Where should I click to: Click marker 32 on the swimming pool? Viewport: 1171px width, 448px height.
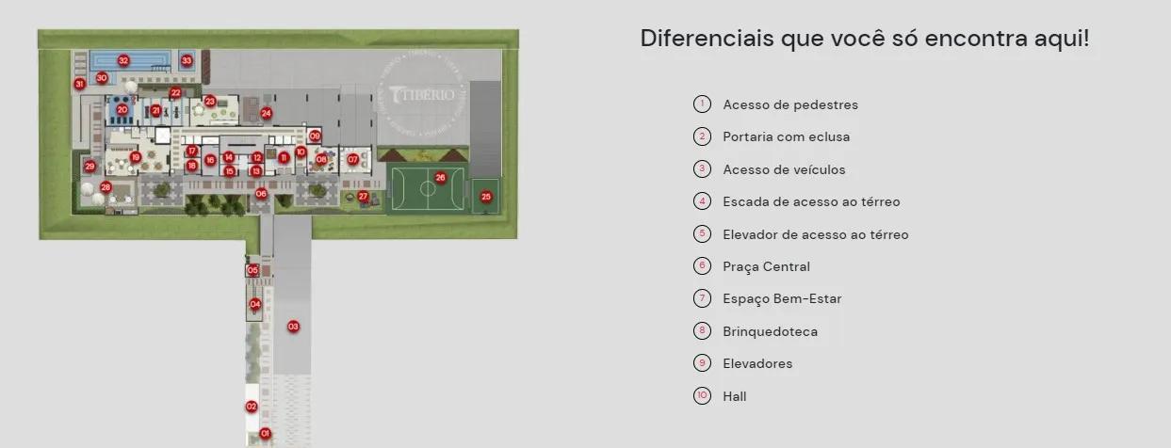click(123, 60)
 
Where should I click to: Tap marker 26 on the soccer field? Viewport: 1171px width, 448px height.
click(440, 177)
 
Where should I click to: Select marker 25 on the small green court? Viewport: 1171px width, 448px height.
click(486, 197)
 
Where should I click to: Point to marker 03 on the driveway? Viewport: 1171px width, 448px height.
click(293, 327)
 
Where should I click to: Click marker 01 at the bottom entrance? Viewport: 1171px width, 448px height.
click(265, 434)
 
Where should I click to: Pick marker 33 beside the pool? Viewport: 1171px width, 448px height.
click(187, 60)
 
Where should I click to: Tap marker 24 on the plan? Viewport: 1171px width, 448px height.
click(267, 113)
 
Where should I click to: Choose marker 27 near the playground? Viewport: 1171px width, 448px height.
click(363, 196)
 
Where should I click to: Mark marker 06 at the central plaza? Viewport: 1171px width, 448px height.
click(261, 194)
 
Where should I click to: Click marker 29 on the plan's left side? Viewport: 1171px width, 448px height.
click(89, 167)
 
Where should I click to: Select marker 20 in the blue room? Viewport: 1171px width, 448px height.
click(122, 109)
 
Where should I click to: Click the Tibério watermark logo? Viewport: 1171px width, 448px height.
click(421, 94)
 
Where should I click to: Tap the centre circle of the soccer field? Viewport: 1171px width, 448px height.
click(428, 188)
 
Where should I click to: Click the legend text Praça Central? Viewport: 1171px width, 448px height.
click(766, 266)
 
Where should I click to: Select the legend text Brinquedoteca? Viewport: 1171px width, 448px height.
click(770, 331)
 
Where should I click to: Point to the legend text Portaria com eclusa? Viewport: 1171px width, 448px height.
click(786, 136)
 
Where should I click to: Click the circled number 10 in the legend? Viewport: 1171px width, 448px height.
click(702, 396)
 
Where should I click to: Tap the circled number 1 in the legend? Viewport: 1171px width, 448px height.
click(702, 104)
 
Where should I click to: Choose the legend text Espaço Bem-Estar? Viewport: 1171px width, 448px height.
click(782, 298)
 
